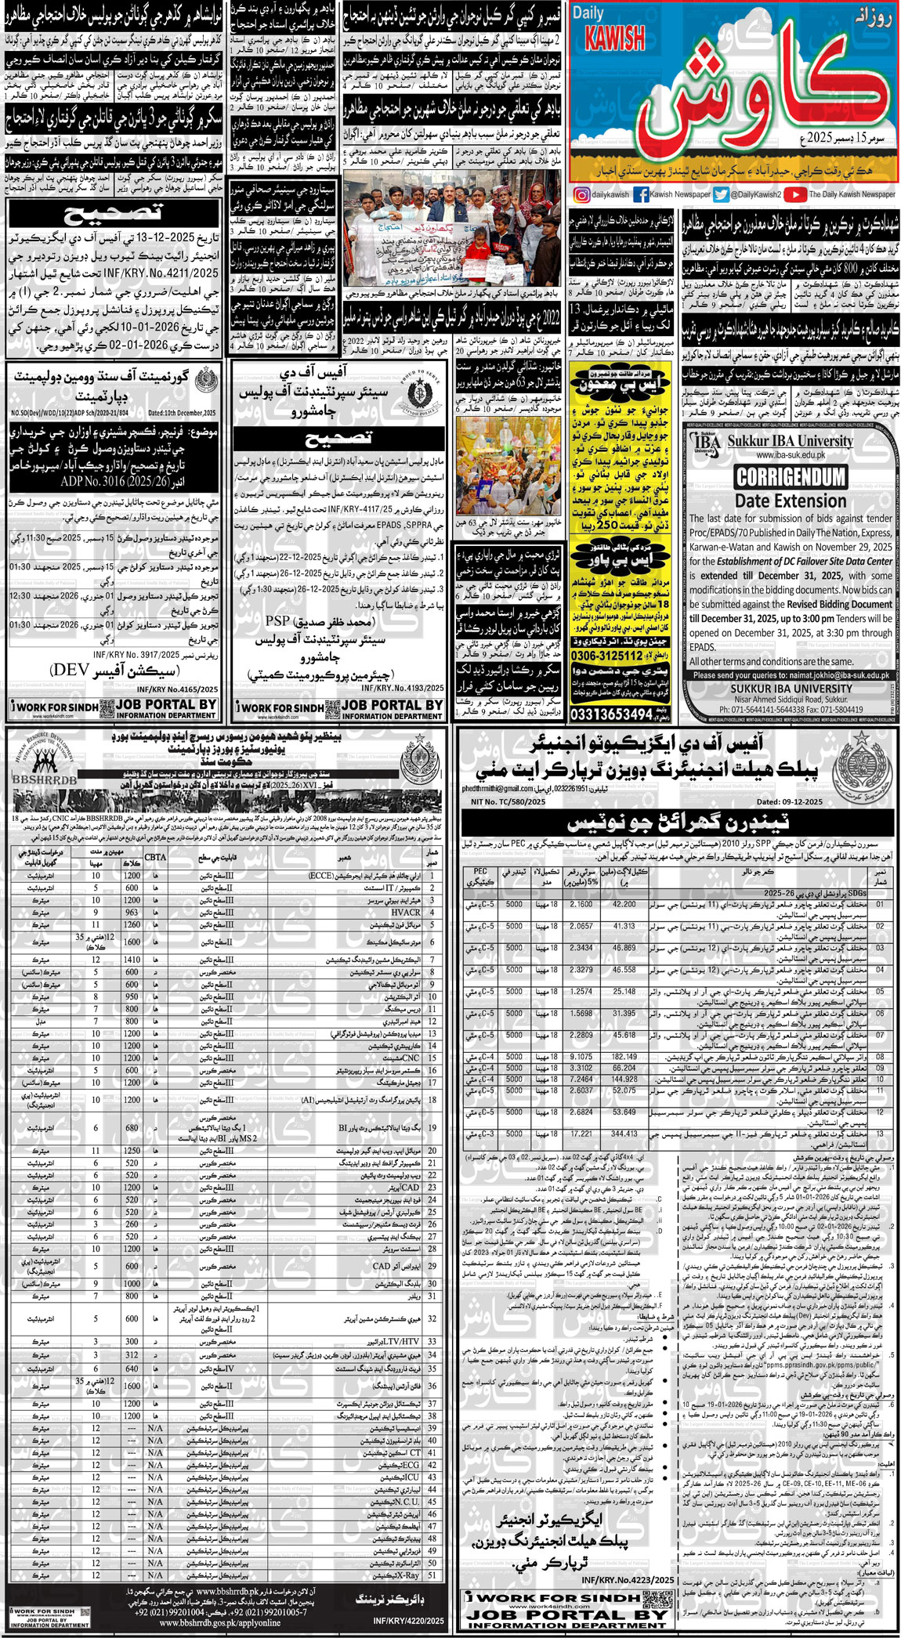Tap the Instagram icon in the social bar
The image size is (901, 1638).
581,194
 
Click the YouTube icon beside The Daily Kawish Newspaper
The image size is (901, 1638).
794,194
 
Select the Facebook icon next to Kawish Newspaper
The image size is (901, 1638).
641,194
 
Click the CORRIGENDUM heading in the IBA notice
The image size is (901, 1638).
790,477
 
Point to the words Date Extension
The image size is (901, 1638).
790,501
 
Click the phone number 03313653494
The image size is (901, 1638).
612,714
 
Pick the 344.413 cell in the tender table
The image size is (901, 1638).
624,1134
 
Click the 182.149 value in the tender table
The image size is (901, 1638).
624,1056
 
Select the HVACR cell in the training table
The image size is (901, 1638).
405,913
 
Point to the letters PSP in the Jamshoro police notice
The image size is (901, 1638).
277,621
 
